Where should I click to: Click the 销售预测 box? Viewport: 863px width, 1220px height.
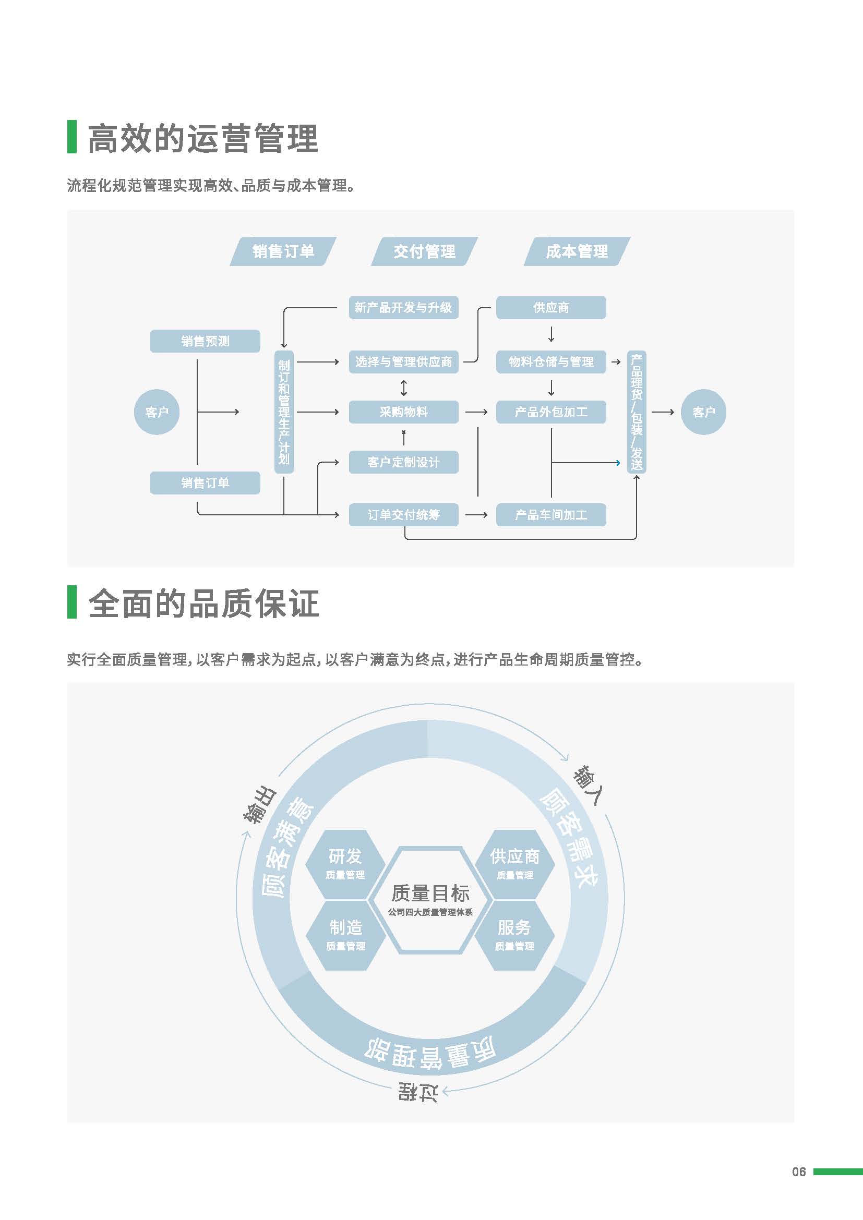[205, 341]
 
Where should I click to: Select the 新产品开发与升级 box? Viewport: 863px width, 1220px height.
[403, 308]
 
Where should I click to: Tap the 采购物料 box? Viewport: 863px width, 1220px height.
[403, 412]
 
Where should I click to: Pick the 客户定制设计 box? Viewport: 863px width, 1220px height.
[403, 462]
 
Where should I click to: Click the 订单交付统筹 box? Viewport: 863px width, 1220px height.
[403, 515]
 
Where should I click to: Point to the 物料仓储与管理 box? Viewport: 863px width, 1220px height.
[551, 362]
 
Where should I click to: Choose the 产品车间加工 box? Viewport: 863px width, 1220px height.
[551, 515]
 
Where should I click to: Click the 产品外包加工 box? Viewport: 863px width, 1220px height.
[551, 412]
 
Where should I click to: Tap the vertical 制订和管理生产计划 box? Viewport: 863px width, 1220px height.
[284, 412]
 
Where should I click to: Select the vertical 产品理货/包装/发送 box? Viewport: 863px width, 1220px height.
[637, 412]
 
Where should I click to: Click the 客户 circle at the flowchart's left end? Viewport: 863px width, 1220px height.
[157, 412]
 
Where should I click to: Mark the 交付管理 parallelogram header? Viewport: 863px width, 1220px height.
[424, 251]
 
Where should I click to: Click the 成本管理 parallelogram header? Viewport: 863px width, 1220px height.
[577, 251]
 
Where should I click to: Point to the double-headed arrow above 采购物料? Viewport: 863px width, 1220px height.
[404, 388]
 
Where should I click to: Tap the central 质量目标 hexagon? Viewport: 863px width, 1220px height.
[430, 900]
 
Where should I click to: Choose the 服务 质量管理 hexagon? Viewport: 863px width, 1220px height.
[514, 935]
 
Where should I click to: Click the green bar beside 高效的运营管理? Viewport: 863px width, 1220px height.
[71, 137]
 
